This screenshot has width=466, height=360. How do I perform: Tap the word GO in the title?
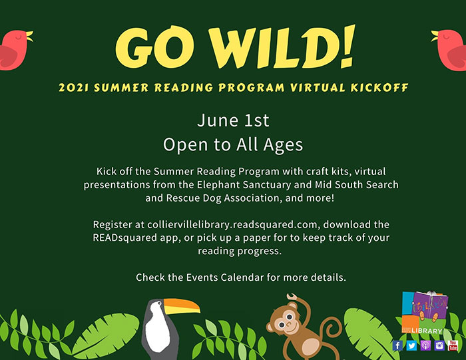click(155, 47)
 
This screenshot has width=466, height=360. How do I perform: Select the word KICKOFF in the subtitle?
click(379, 88)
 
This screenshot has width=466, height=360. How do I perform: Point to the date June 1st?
click(233, 120)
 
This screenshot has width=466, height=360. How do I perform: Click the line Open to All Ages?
click(233, 144)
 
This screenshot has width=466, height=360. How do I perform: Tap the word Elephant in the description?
click(218, 185)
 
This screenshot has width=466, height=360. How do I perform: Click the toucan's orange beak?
click(181, 306)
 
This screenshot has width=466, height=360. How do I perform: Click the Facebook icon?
click(397, 345)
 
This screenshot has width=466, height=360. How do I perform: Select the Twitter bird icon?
click(411, 345)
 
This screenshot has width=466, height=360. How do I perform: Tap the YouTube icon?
click(453, 345)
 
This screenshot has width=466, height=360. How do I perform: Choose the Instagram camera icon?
click(439, 345)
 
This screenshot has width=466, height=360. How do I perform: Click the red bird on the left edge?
click(15, 50)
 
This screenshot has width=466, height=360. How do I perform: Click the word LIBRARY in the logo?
click(427, 331)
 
